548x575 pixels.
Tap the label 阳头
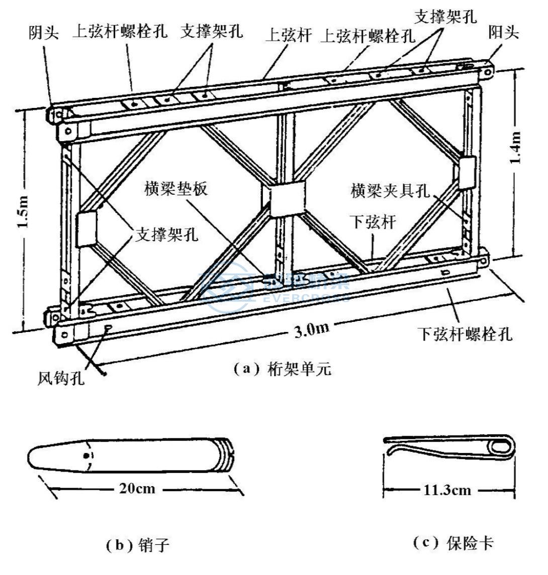click(504, 33)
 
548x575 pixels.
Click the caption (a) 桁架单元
click(283, 369)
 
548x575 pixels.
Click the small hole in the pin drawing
click(87, 455)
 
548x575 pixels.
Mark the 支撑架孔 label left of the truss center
click(166, 234)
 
